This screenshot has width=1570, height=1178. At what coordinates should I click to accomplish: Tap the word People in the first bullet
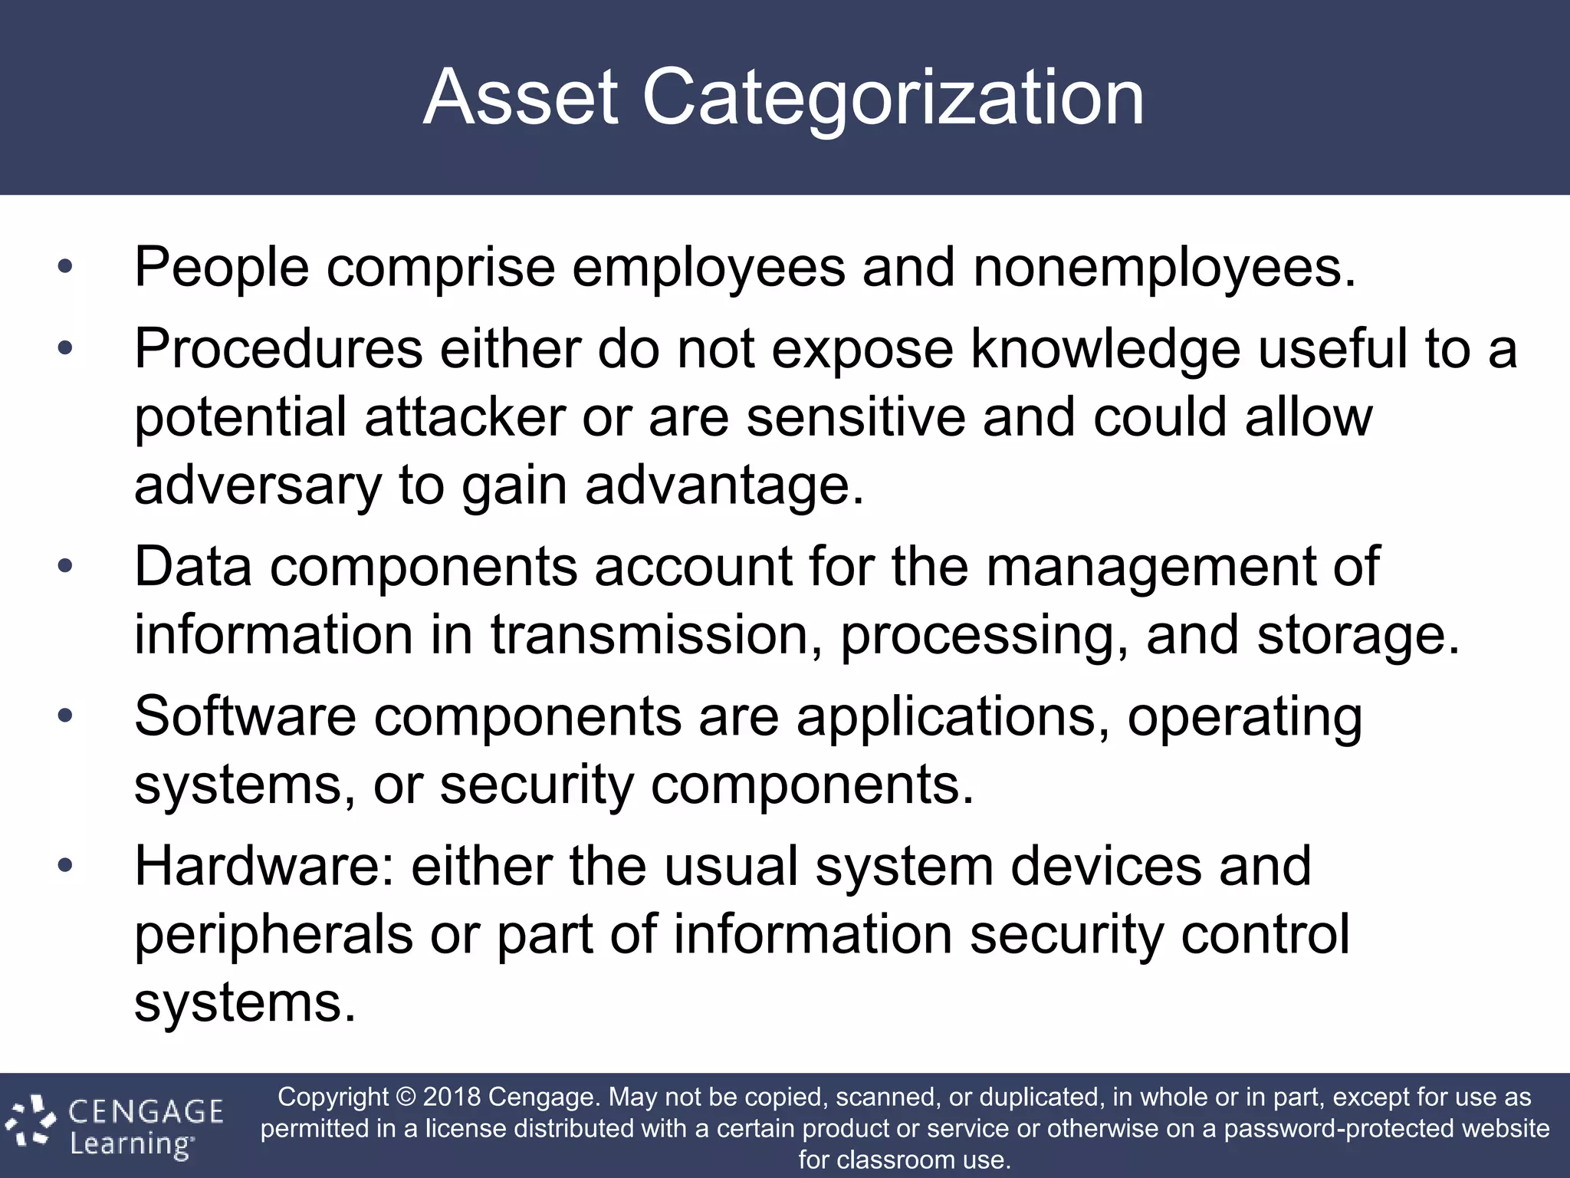(x=222, y=268)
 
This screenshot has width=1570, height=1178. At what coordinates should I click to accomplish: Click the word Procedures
(x=278, y=349)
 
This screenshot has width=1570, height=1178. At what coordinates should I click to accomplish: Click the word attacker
(x=465, y=417)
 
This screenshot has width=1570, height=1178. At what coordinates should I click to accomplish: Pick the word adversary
(x=258, y=487)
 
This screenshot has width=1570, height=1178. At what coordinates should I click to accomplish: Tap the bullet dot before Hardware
(x=65, y=866)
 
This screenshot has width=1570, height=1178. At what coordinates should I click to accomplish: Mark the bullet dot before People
(x=65, y=268)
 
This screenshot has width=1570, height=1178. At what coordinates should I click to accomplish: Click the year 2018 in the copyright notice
(x=452, y=1097)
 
